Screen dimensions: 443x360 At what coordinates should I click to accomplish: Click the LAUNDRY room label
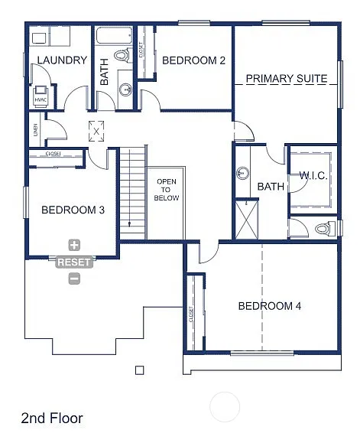[61, 60]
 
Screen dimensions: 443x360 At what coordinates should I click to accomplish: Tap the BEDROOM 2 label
[193, 60]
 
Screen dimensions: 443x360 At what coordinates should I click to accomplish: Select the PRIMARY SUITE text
[287, 79]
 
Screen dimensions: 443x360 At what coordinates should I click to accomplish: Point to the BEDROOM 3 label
[73, 210]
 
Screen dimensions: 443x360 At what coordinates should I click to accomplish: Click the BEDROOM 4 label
[269, 306]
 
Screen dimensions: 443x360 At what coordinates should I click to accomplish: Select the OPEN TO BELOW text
[167, 190]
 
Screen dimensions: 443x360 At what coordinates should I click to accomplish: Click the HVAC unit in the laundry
[41, 98]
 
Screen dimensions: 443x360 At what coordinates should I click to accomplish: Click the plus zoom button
[74, 246]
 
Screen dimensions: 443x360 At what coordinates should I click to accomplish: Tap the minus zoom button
[74, 279]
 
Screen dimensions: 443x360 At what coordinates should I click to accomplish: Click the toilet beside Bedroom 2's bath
[122, 55]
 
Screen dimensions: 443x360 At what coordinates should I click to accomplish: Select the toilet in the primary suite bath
[323, 229]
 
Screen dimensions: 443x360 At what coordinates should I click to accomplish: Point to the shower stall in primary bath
[247, 218]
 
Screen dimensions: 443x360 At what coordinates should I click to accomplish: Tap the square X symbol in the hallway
[96, 131]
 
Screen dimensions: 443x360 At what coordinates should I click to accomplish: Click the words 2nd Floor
[52, 419]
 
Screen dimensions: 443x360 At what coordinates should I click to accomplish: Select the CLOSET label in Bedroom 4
[190, 313]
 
